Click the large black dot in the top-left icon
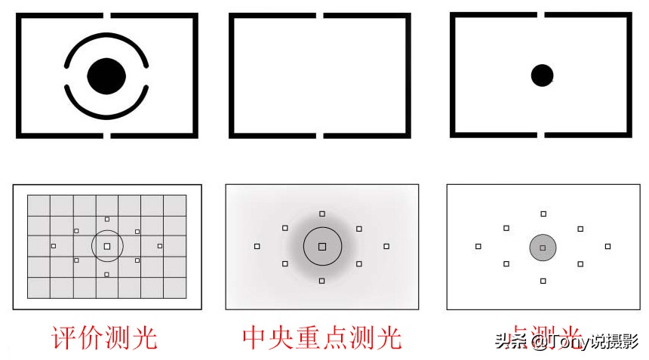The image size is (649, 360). point(106,75)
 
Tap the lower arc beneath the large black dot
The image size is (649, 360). point(106,115)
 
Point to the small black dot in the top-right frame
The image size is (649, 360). point(542,75)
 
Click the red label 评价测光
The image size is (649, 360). point(104,337)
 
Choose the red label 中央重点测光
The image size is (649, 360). point(322,337)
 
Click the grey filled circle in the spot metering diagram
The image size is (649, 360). point(543,247)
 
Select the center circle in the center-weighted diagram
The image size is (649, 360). point(322,246)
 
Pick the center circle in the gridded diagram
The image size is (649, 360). point(107,246)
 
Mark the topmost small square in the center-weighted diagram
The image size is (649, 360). point(322,214)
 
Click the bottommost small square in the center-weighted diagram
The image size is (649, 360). point(322,281)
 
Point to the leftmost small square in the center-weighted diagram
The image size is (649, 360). point(257,246)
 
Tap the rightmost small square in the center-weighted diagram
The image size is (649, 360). point(386,246)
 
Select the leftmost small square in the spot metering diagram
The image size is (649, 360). point(478,246)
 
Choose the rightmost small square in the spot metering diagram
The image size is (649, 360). point(607,246)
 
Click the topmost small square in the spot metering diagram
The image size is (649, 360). point(543,214)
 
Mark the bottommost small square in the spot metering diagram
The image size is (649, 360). point(543,281)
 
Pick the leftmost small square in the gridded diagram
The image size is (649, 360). point(54,246)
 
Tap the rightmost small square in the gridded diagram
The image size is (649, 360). point(160,246)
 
